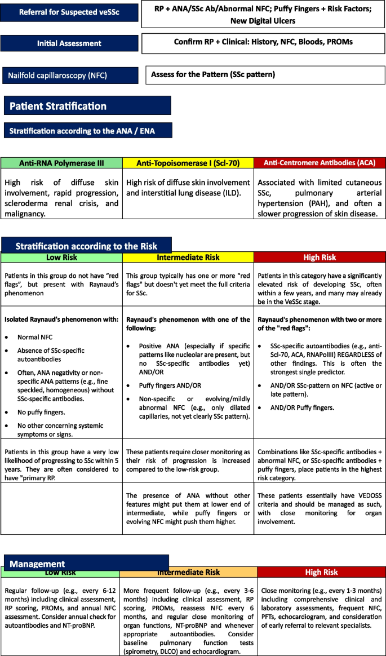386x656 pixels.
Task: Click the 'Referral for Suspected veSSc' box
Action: [x=69, y=12]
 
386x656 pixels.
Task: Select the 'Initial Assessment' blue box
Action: [x=69, y=43]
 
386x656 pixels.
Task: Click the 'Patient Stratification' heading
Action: [x=58, y=106]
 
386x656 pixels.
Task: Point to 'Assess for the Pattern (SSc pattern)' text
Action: [x=211, y=75]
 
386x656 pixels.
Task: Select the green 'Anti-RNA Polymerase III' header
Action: [x=61, y=163]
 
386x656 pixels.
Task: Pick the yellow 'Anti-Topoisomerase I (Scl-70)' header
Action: [x=188, y=163]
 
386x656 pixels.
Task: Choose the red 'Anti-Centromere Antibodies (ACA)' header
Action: [x=320, y=163]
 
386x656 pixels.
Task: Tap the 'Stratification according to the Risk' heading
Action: [x=86, y=246]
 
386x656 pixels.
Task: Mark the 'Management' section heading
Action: [x=37, y=564]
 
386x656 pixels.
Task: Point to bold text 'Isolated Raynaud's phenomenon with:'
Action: [x=61, y=319]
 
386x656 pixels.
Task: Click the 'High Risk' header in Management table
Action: [x=321, y=572]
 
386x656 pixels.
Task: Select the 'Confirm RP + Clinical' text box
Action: [x=263, y=43]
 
